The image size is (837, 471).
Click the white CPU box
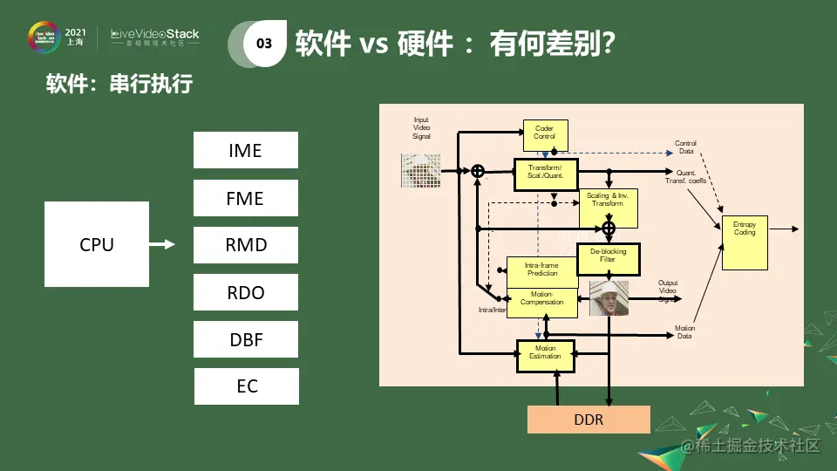(x=97, y=244)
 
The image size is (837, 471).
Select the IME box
(x=245, y=150)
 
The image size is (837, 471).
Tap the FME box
(x=245, y=198)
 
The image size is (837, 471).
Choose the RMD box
(x=245, y=245)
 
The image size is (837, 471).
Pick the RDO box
(x=245, y=292)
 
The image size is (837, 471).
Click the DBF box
(x=246, y=339)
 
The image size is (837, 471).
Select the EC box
(x=247, y=386)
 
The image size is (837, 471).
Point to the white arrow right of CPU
(x=163, y=244)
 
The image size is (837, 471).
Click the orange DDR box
(x=589, y=420)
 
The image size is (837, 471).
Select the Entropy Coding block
(x=745, y=243)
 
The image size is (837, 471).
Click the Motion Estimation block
(x=545, y=355)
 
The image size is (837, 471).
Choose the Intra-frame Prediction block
(x=541, y=270)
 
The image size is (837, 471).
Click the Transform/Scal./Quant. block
(x=546, y=172)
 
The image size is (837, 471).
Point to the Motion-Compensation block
(x=541, y=301)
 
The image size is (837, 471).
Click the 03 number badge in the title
(x=264, y=44)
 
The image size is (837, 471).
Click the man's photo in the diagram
(x=609, y=298)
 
